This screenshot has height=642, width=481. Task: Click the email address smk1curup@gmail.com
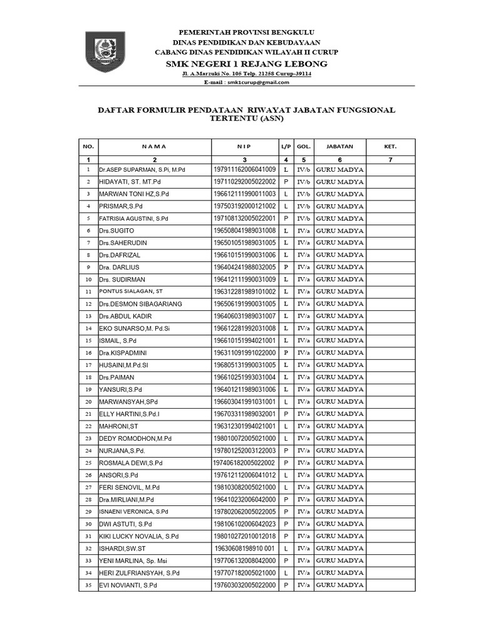257,82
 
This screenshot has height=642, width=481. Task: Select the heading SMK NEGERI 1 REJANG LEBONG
246,65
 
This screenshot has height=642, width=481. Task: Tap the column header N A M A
154,146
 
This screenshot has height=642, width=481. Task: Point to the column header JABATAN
339,146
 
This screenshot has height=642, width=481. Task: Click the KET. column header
390,146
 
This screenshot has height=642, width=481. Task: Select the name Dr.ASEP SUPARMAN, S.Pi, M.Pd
142,170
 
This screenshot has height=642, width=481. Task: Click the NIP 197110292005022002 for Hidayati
244,182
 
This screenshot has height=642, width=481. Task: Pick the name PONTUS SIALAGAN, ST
131,292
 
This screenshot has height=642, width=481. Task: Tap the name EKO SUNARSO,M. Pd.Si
135,328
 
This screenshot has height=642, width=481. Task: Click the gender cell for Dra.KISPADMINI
286,352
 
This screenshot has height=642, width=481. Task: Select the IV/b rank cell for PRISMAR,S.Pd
304,206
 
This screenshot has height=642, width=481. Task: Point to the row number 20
88,401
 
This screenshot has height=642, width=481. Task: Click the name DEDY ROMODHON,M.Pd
136,438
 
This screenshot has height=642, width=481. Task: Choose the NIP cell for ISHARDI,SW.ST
244,547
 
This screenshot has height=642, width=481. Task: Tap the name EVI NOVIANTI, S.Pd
128,584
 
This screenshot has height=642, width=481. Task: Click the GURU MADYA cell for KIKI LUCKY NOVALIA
339,535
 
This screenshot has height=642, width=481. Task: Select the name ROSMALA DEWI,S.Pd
131,462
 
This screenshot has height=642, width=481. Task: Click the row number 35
88,584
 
